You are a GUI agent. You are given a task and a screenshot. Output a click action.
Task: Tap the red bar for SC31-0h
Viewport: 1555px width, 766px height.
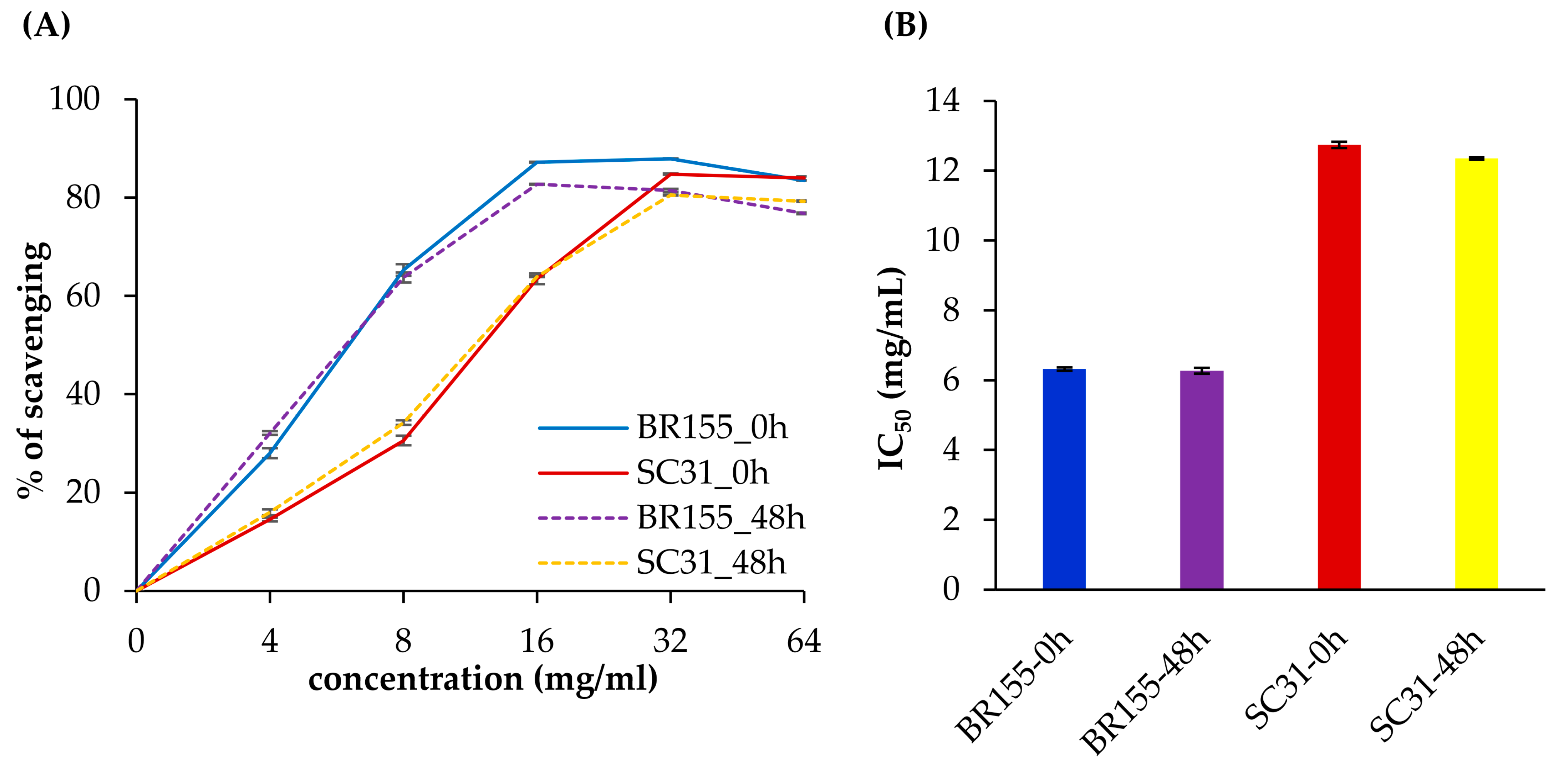pos(1339,367)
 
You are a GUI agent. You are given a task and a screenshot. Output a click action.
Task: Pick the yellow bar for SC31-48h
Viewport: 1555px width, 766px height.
pos(1477,374)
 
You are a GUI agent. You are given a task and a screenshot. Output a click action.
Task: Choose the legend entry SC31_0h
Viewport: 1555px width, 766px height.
pos(654,473)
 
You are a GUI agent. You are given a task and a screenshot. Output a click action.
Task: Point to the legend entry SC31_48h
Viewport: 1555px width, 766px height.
pos(662,563)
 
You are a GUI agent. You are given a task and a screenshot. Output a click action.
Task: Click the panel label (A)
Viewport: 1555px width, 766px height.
pos(46,25)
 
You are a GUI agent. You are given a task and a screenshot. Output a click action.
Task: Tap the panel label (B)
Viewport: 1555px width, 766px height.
pos(905,25)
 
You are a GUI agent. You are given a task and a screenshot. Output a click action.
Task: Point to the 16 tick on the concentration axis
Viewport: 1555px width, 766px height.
pos(537,641)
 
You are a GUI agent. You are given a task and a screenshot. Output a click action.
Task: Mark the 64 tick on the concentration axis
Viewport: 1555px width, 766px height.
pos(804,641)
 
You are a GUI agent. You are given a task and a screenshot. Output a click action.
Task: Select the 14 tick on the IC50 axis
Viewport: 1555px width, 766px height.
pos(943,100)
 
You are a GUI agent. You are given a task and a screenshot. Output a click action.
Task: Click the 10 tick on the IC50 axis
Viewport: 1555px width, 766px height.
pos(943,240)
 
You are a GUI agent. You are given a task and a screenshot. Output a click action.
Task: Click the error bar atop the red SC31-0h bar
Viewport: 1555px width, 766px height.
pos(1339,145)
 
